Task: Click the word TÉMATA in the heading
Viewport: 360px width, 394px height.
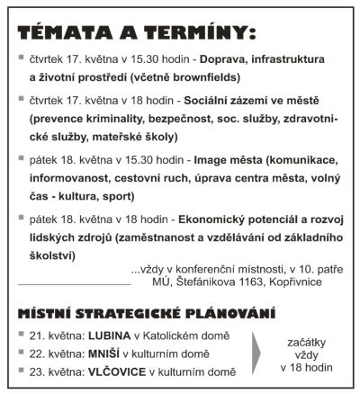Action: click(60, 33)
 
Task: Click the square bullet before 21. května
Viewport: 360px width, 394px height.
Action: click(23, 335)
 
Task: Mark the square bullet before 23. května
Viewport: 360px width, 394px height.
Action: click(23, 371)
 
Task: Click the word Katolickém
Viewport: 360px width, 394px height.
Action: click(170, 335)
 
